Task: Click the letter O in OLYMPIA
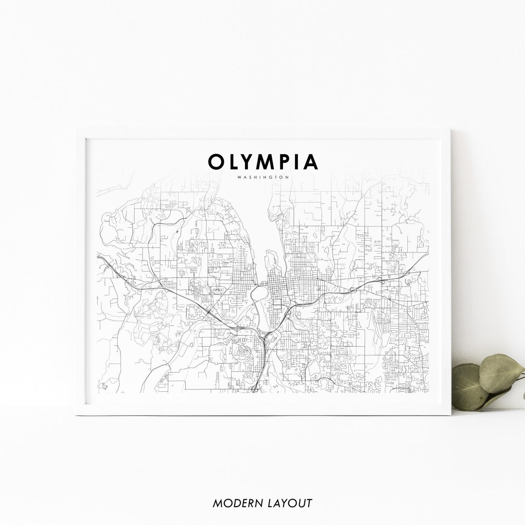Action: click(217, 162)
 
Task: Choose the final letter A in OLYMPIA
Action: click(310, 162)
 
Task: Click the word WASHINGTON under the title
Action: click(263, 177)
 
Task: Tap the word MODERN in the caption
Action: click(235, 503)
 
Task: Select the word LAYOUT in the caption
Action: click(288, 503)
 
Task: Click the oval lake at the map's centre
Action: click(259, 293)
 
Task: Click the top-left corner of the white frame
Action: click(77, 129)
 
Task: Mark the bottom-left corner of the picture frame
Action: click(77, 414)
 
